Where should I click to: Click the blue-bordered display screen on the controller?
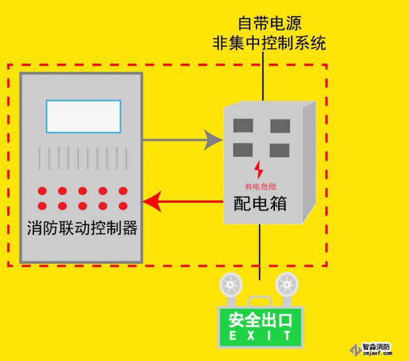(x=83, y=116)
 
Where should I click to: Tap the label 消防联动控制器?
(x=82, y=228)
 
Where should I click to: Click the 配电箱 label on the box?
(x=260, y=203)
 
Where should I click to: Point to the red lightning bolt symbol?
(x=260, y=169)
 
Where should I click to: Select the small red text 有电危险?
(x=260, y=186)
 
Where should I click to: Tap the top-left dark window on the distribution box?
(x=243, y=126)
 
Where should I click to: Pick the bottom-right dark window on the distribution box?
(x=280, y=150)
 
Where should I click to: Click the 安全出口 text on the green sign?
(x=260, y=321)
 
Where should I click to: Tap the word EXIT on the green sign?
(x=260, y=336)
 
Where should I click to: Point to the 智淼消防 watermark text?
(x=377, y=347)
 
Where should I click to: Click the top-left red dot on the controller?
(x=42, y=191)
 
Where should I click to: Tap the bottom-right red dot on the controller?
(x=123, y=206)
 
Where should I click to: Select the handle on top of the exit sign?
(x=260, y=300)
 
